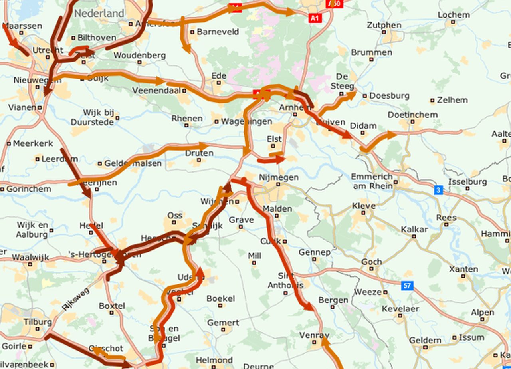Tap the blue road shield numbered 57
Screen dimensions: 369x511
[407, 285]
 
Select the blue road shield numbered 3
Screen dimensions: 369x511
[438, 190]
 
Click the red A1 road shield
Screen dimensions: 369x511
[315, 18]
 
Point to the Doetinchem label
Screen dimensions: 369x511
[412, 115]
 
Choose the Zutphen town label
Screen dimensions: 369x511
[384, 25]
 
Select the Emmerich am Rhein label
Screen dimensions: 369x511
[371, 181]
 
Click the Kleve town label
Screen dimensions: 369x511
[364, 206]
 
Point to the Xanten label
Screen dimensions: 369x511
[463, 269]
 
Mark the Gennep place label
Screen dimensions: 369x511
[314, 252]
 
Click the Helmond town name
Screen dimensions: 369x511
[214, 360]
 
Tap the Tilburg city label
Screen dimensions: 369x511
[38, 322]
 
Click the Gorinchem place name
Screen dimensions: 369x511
[28, 189]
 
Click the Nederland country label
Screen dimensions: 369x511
[99, 13]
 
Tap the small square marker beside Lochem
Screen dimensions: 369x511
[453, 23]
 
